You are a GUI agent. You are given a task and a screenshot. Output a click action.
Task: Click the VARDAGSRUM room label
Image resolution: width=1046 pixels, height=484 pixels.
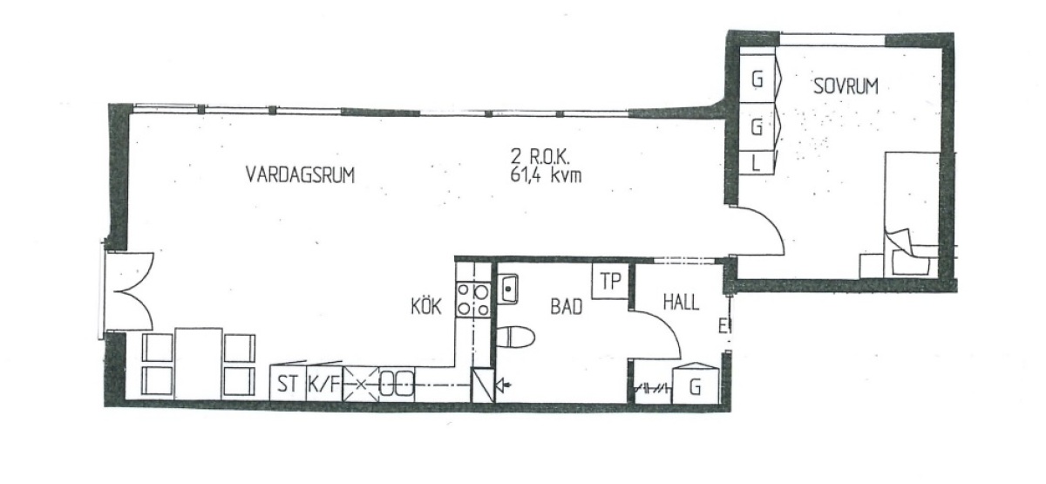300,175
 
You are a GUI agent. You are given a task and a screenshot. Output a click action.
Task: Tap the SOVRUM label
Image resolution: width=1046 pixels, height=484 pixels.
846,86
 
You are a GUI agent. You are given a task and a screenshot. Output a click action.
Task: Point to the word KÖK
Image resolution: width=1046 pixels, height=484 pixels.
426,307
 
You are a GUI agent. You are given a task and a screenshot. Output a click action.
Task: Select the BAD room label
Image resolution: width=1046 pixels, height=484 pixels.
567,307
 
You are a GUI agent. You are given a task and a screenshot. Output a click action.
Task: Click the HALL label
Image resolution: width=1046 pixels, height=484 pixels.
682,303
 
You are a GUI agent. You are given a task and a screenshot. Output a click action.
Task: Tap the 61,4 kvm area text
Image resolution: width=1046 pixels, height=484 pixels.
546,175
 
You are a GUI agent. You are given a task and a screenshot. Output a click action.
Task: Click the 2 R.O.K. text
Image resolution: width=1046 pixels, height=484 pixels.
540,157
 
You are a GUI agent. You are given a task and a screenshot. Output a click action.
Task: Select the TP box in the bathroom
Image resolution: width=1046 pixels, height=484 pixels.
610,281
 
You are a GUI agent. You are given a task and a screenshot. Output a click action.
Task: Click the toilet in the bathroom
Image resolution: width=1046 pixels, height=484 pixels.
515,337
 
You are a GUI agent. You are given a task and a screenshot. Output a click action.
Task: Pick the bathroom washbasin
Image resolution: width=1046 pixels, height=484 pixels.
508,290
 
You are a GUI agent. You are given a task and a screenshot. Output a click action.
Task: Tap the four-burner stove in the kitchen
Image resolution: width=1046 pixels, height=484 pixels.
473,300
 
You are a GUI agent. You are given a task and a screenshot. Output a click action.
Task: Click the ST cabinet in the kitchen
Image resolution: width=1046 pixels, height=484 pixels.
289,384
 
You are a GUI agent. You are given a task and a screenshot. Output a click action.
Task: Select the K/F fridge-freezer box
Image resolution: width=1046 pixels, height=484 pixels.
324,384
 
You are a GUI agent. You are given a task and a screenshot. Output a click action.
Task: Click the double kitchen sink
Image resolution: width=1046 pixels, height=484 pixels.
397,385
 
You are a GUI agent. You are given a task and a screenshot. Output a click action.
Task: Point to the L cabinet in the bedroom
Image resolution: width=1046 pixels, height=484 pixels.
757,164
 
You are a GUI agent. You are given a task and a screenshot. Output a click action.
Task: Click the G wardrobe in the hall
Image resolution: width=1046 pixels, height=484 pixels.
695,384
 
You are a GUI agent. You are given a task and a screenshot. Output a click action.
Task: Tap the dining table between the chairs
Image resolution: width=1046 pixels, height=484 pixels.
198,364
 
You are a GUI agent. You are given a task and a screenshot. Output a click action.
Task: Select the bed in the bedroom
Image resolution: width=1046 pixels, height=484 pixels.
912,215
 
